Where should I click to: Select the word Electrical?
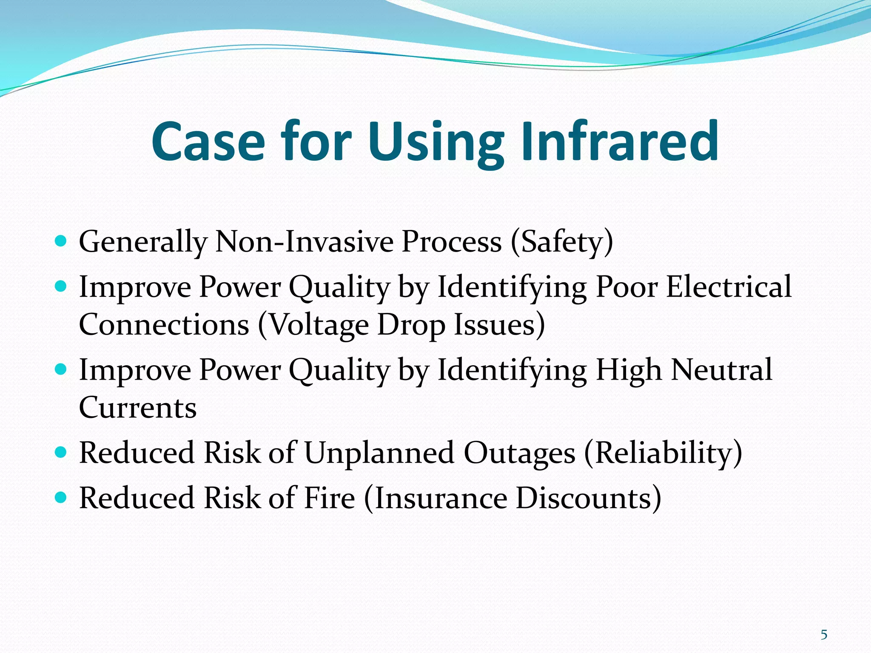[x=729, y=287]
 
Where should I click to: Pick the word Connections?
[x=164, y=324]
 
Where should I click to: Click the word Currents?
[x=138, y=407]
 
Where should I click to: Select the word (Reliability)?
[x=663, y=453]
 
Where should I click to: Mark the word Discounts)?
[x=589, y=498]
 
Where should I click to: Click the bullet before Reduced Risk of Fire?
[x=61, y=497]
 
